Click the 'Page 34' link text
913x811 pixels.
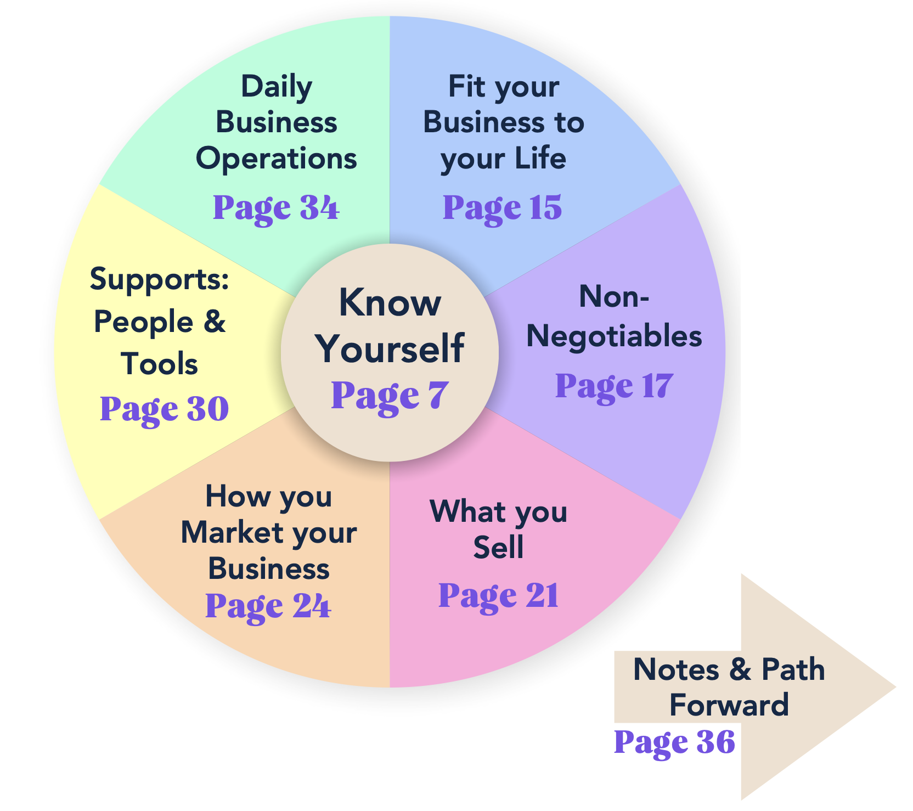[276, 208]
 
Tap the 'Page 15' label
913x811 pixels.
[502, 208]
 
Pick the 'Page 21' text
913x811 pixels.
[498, 595]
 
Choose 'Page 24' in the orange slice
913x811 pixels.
[268, 606]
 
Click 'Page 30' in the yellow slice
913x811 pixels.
[164, 409]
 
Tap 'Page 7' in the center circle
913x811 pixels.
[390, 395]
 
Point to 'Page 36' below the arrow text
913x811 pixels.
[674, 742]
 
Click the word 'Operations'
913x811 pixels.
[277, 159]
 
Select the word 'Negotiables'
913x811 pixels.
[614, 336]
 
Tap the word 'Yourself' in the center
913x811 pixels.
[390, 348]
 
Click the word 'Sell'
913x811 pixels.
[498, 548]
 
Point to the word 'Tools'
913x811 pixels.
[159, 364]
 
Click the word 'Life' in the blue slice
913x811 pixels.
[540, 159]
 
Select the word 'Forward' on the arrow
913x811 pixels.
[729, 705]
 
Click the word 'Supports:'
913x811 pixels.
[159, 279]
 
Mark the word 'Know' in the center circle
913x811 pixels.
[390, 302]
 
